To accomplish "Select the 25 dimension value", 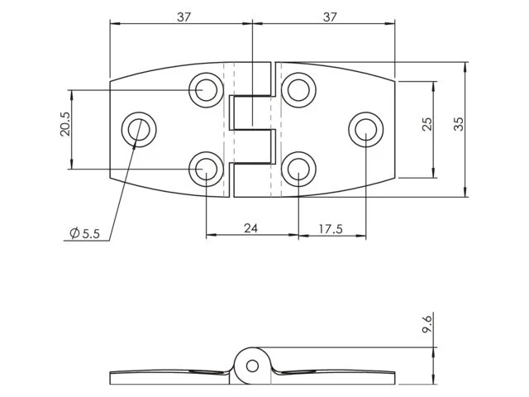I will [x=427, y=123].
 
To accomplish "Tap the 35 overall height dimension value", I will [x=460, y=123].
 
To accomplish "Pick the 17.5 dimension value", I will [x=330, y=227].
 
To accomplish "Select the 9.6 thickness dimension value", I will [x=427, y=323].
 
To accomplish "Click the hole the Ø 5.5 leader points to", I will [x=139, y=129].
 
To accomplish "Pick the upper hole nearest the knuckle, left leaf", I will [x=206, y=89].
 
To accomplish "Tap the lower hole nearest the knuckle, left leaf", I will [x=206, y=170].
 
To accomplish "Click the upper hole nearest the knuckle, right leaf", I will [x=298, y=89].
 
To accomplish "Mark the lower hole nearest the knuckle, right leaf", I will [x=298, y=170].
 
